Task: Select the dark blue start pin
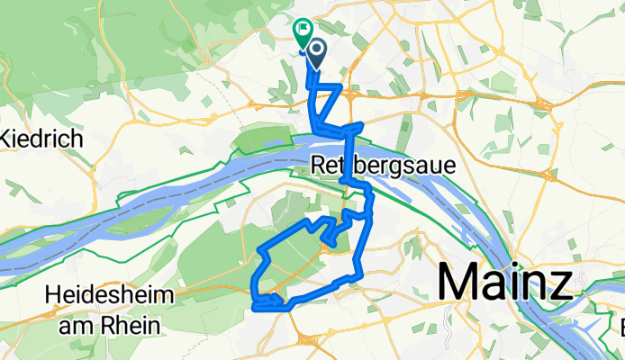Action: pyautogui.click(x=317, y=52)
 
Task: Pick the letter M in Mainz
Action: pyautogui.click(x=457, y=283)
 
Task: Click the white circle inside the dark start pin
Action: pyautogui.click(x=317, y=49)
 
